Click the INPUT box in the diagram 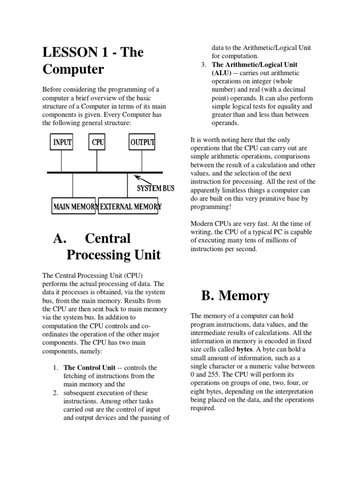[x=62, y=142]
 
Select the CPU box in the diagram [x=97, y=142]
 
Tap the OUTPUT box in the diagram [x=142, y=142]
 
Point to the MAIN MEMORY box [x=74, y=206]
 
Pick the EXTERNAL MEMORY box [x=130, y=206]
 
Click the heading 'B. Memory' [x=235, y=296]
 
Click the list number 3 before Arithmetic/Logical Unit [x=200, y=64]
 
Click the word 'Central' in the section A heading [x=108, y=238]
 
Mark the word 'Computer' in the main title [x=73, y=69]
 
